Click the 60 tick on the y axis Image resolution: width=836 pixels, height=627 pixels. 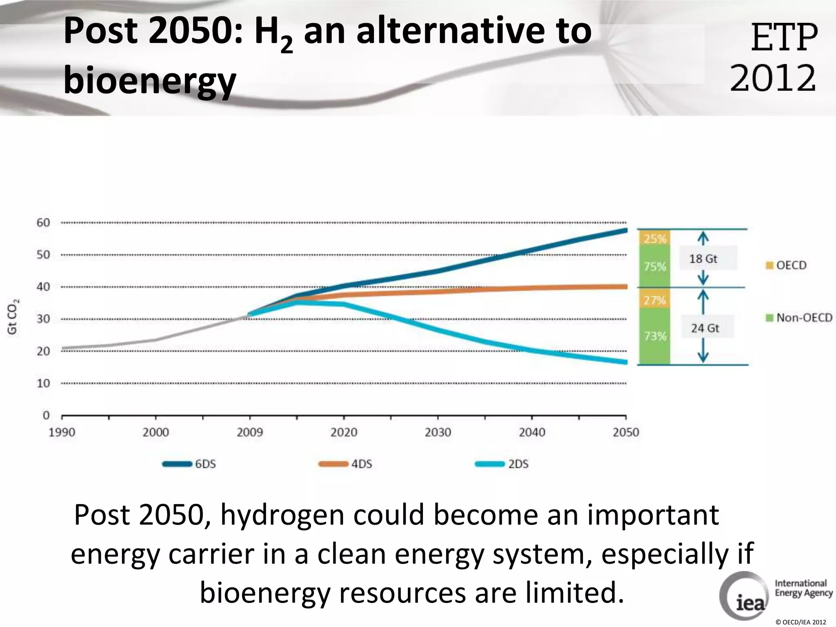coord(43,223)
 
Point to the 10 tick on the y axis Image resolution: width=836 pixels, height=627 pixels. coord(43,383)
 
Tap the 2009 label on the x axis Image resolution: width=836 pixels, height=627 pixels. coord(250,432)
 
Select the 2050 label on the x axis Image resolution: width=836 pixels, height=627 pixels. coord(626,432)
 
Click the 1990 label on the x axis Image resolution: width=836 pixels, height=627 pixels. coord(62,432)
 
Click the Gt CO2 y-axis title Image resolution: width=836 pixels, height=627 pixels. coord(13,317)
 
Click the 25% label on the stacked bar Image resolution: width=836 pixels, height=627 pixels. coord(655,238)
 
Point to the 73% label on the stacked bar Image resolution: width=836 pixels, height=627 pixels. coord(655,336)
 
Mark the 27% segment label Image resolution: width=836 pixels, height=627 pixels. coord(655,300)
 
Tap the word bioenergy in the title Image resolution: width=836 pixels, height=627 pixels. coord(150,80)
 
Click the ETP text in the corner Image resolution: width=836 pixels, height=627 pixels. coord(784,38)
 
